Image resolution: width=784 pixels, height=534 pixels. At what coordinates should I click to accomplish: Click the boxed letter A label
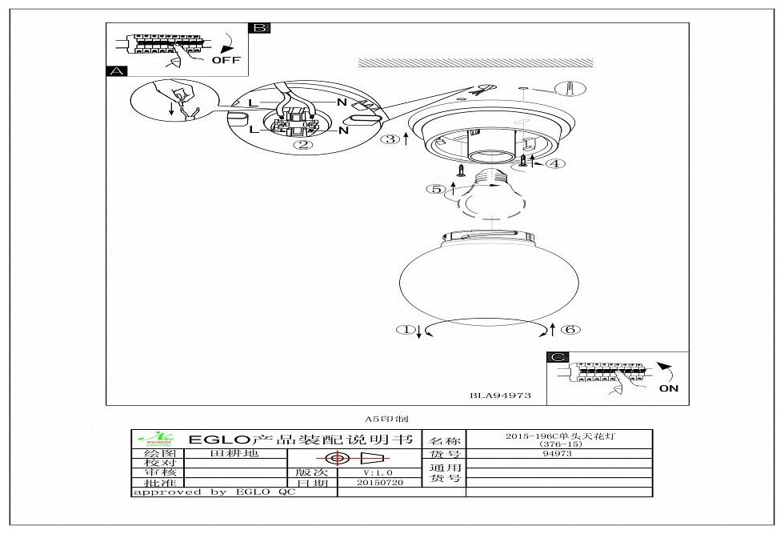116,70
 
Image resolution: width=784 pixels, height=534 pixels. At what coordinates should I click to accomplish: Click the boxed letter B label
259,28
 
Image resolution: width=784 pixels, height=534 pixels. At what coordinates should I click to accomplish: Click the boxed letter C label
558,358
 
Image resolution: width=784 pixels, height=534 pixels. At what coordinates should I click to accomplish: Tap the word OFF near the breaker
226,59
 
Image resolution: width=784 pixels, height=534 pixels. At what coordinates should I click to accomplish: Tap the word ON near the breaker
669,388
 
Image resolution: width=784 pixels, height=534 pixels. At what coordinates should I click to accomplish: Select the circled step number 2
302,145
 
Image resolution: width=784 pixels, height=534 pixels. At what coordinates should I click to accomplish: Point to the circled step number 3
390,139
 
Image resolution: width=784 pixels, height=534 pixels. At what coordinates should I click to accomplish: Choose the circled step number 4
555,163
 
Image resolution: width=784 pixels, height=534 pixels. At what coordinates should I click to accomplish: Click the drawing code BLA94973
500,395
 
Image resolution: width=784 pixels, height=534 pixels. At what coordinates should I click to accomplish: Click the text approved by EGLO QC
214,492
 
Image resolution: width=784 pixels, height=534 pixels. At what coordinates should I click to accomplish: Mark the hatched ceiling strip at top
475,62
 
